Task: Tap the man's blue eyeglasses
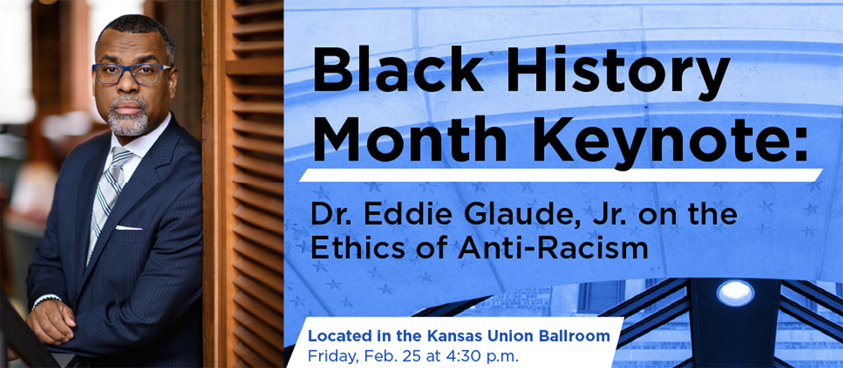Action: click(x=131, y=73)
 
